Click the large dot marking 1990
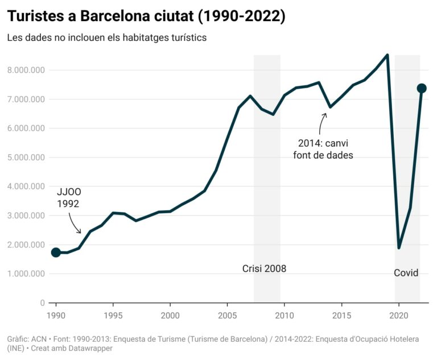tap(56, 253)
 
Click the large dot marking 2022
tap(422, 88)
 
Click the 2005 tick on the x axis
tap(228, 315)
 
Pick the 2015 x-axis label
tap(341, 315)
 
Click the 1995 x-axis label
tap(113, 315)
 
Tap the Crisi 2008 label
tap(264, 268)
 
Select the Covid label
tap(406, 273)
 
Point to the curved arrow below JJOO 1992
tap(75, 223)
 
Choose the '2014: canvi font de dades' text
tap(323, 149)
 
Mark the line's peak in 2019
tap(387, 55)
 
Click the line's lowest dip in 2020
tap(399, 247)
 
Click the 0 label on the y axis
tap(43, 303)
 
